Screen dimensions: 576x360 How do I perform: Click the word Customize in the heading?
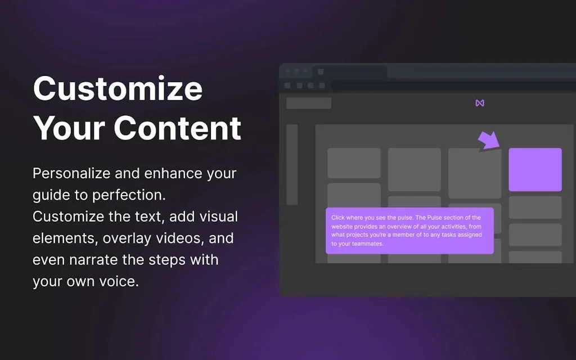[x=118, y=88]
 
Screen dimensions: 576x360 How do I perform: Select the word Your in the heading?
[x=69, y=128]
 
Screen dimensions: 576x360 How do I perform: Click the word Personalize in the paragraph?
[x=71, y=173]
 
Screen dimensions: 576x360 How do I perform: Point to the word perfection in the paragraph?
[x=129, y=195]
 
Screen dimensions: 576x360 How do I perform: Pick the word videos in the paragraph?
[x=180, y=238]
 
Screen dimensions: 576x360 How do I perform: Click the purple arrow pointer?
[x=489, y=141]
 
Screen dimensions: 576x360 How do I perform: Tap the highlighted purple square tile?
[x=535, y=170]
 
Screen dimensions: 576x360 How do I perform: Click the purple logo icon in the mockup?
[x=480, y=103]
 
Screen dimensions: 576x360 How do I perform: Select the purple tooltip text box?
[x=409, y=231]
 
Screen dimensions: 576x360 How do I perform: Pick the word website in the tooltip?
[x=342, y=226]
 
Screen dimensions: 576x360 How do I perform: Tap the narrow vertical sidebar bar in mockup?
[x=292, y=165]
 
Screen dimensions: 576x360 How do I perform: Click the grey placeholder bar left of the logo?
[x=309, y=103]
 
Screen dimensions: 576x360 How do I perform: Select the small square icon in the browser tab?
[x=321, y=71]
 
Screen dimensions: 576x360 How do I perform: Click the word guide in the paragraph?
[x=51, y=195]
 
